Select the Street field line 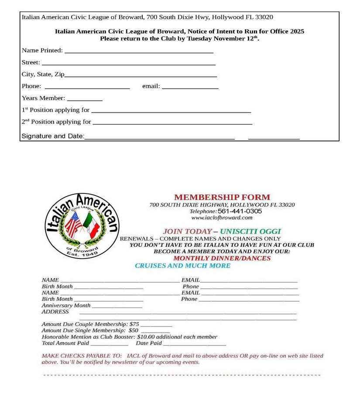tap(128, 64)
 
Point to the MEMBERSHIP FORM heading tap(222, 197)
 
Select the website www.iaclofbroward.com tap(222, 217)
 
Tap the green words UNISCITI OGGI tap(250, 231)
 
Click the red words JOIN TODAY tap(187, 231)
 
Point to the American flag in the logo tap(73, 224)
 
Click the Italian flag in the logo tap(90, 225)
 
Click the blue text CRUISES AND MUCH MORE tap(182, 265)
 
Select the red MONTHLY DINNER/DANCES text tap(222, 258)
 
